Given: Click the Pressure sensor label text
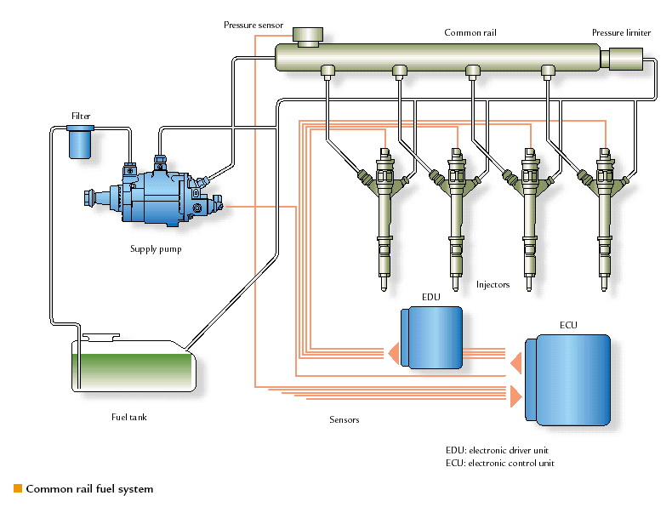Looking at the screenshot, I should pyautogui.click(x=253, y=26).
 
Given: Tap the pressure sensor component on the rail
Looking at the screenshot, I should pyautogui.click(x=307, y=37).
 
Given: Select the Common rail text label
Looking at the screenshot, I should pyautogui.click(x=470, y=33).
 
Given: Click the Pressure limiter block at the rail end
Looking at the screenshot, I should pyautogui.click(x=624, y=59).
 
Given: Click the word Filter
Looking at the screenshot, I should pyautogui.click(x=81, y=116).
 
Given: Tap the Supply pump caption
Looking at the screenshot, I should pyautogui.click(x=156, y=249).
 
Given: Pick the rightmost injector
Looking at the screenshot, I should pyautogui.click(x=605, y=213).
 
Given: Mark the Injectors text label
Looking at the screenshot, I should pyautogui.click(x=493, y=285).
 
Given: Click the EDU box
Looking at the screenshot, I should pyautogui.click(x=432, y=338).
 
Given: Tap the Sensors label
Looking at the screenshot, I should pyautogui.click(x=344, y=420).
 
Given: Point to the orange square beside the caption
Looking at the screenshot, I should pyautogui.click(x=17, y=488).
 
